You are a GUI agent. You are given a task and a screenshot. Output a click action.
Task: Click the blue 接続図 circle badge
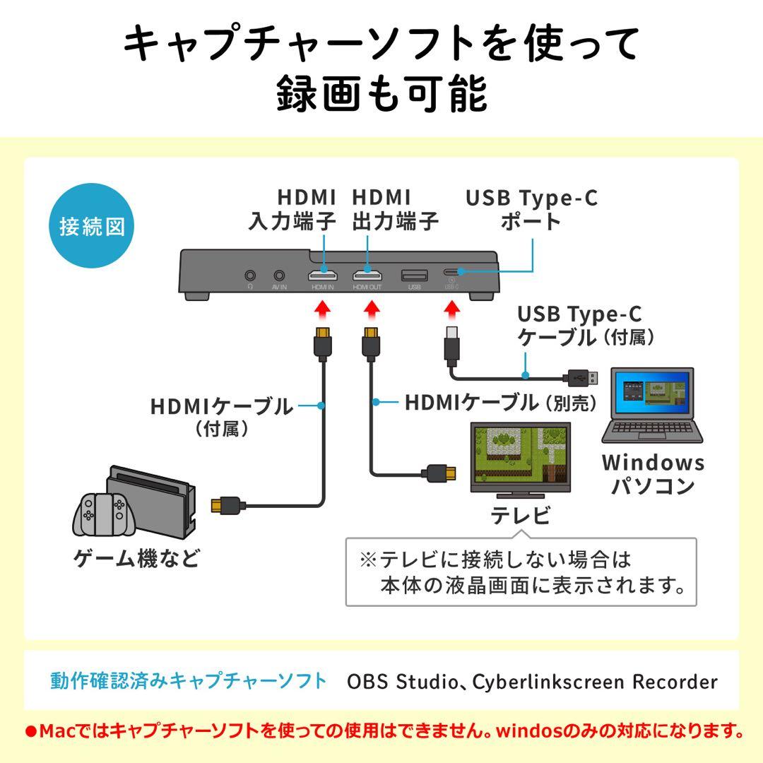click(93, 227)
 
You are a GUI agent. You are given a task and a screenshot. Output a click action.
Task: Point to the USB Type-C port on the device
click(452, 271)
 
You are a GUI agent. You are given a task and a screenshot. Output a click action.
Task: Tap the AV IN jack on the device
click(280, 275)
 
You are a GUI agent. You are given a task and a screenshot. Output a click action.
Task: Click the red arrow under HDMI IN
click(323, 309)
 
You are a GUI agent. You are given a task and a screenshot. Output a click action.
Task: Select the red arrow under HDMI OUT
click(369, 309)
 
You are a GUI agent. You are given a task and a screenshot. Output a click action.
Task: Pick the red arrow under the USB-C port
click(452, 309)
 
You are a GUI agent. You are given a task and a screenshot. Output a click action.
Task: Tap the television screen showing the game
click(522, 456)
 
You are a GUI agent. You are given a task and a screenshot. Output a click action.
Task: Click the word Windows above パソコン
click(653, 463)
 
